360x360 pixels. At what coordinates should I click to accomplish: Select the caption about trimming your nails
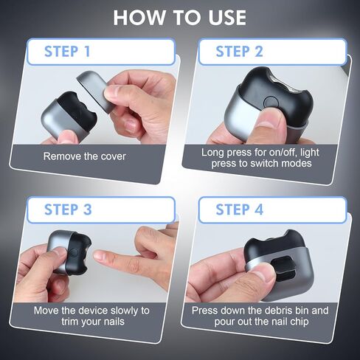[91, 316]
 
